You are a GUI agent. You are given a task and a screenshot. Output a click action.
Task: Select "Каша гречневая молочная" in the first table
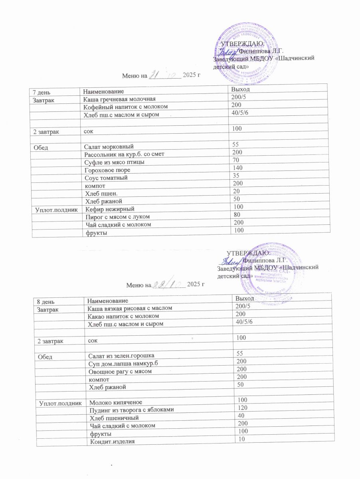(118, 99)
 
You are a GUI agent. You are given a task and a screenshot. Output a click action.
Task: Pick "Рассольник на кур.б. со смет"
(123, 154)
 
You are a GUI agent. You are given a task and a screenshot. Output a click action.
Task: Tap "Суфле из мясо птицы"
(114, 162)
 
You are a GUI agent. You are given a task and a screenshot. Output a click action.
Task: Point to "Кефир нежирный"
(108, 209)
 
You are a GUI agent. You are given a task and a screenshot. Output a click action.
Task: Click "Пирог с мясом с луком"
(116, 217)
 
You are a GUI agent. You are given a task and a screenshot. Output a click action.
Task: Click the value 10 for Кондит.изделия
(240, 439)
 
